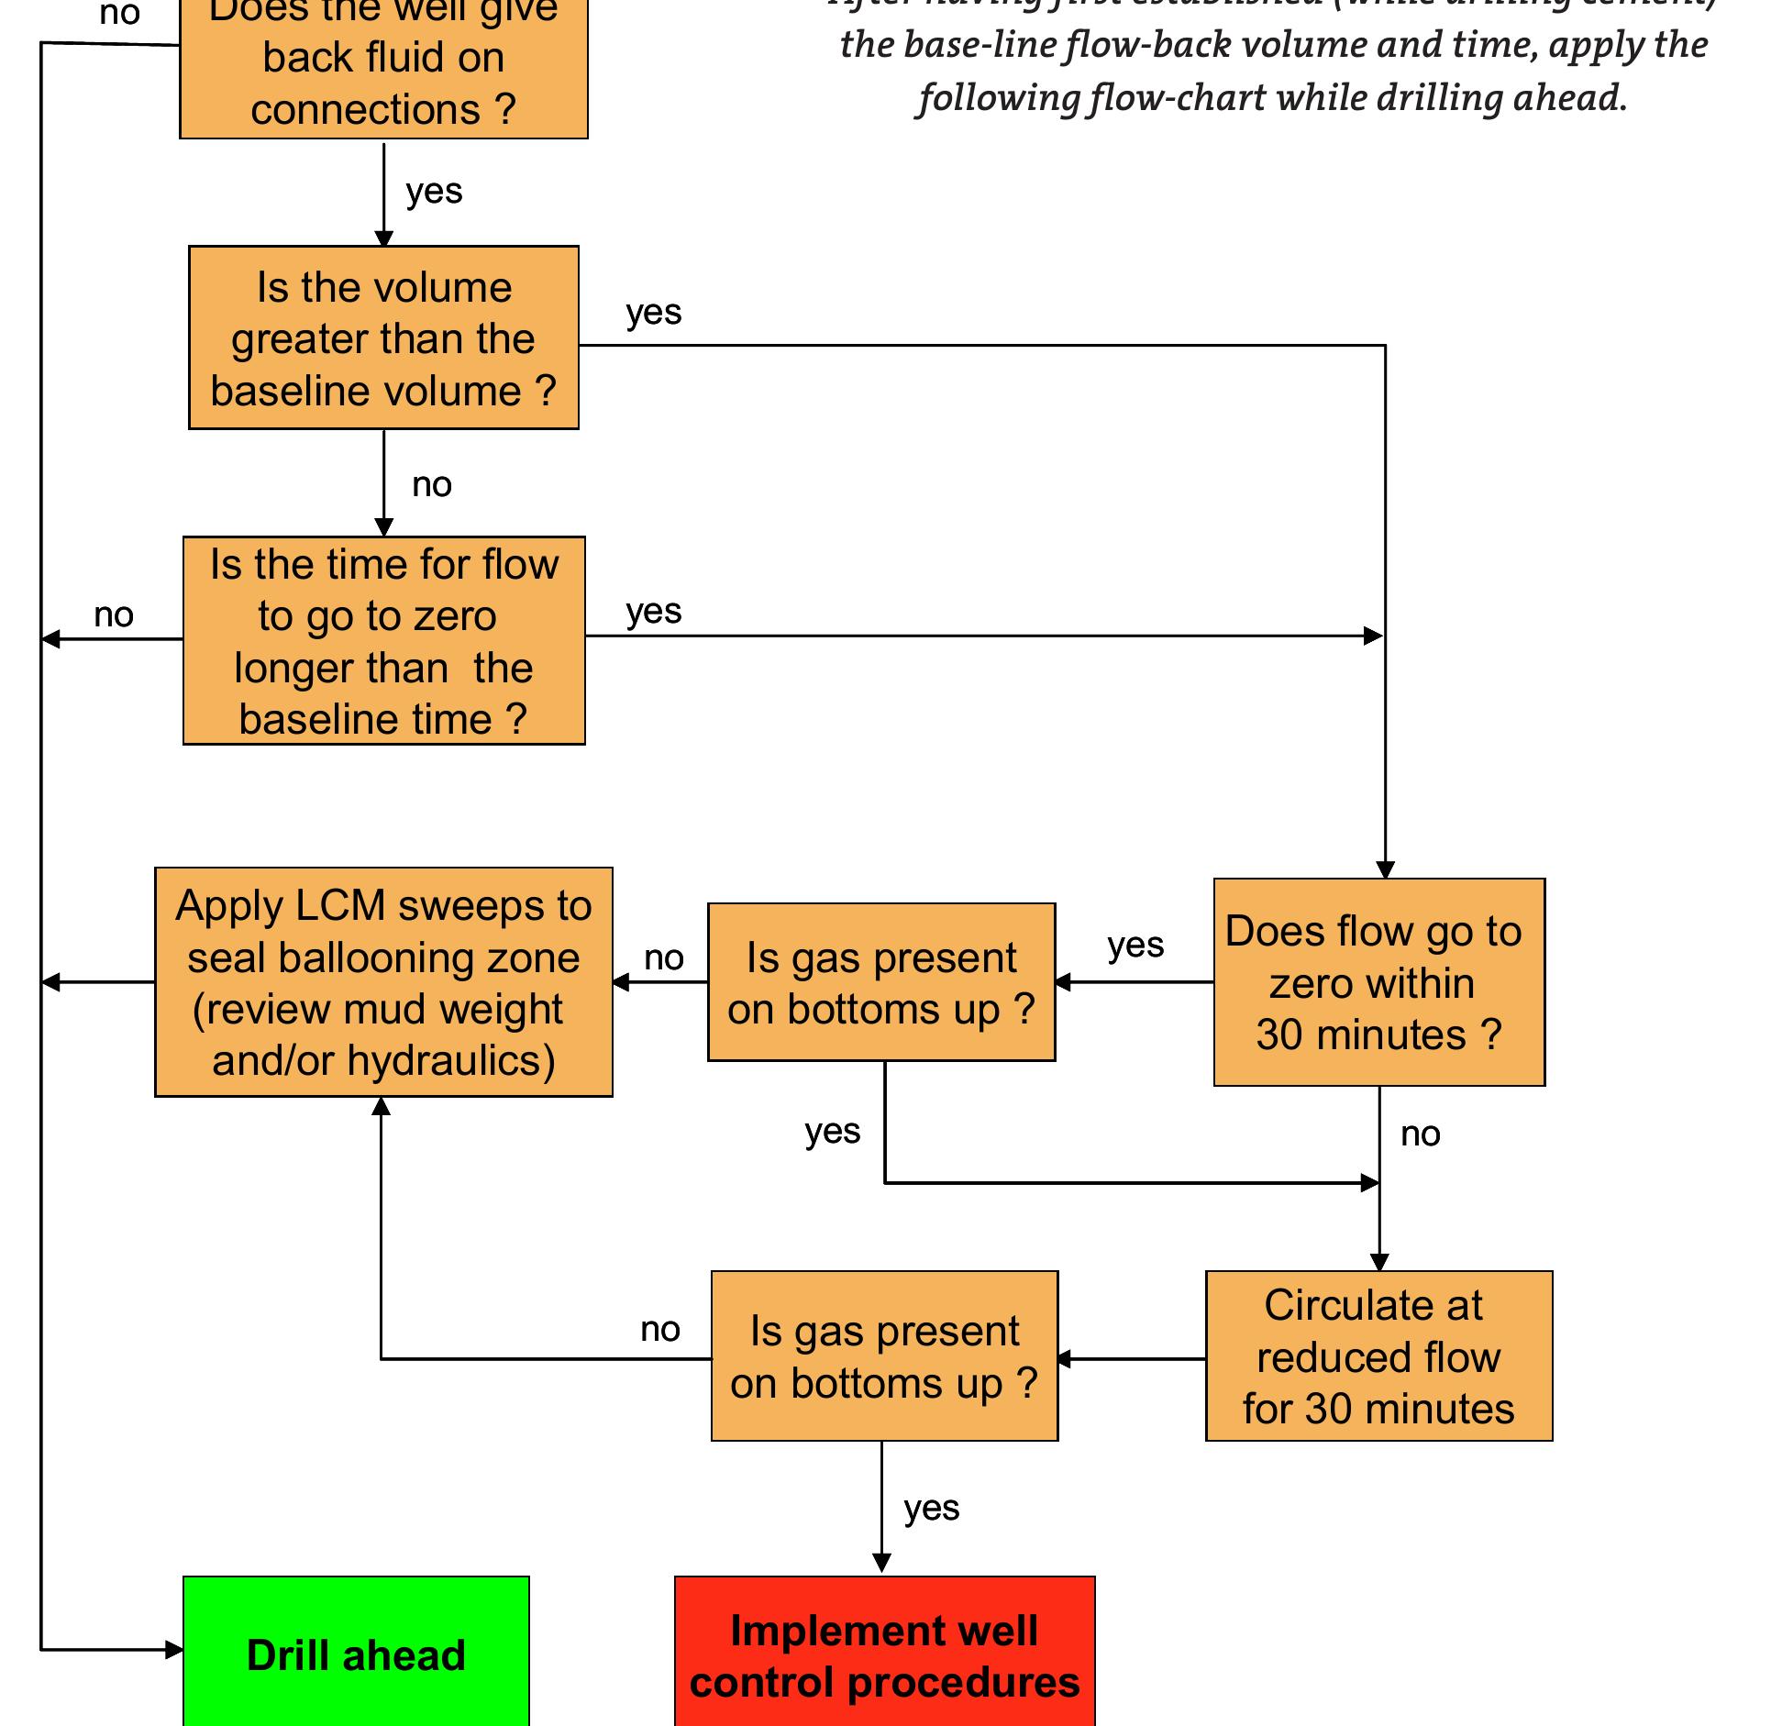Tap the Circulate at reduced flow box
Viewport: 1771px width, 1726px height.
coord(1378,1355)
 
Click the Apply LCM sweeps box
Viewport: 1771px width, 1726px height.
coord(383,981)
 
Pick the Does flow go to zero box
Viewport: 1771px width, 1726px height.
coord(1378,981)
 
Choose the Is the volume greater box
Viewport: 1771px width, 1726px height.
coord(383,337)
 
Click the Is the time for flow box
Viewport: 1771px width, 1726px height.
coord(383,640)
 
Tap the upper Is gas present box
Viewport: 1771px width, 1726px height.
coord(881,981)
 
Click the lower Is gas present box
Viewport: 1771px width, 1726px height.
coord(884,1355)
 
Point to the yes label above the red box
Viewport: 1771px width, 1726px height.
coord(931,1508)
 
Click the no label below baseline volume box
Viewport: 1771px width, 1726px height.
coord(432,484)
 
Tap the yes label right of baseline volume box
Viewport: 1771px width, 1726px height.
coord(653,313)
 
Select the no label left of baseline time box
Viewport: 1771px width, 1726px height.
coord(114,614)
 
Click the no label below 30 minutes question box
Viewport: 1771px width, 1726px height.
coord(1420,1134)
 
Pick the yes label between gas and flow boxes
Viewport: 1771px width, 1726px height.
coord(1135,945)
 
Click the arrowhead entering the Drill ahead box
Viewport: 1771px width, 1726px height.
coord(174,1650)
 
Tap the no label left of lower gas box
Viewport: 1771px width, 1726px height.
coord(659,1329)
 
